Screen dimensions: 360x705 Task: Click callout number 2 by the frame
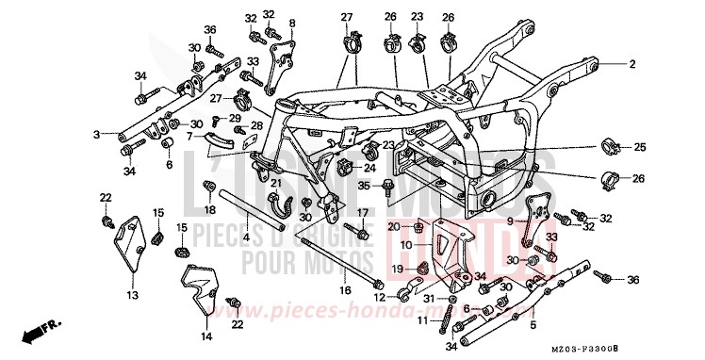[633, 63]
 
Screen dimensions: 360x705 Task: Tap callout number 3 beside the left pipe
[96, 135]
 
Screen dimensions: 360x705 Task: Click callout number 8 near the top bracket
[292, 22]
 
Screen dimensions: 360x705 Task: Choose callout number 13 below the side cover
[131, 295]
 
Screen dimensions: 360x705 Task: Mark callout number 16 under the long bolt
[346, 291]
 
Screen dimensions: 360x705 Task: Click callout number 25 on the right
[640, 146]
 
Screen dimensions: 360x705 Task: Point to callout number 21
[276, 182]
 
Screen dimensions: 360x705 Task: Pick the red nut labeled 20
[416, 227]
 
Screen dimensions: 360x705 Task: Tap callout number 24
[396, 169]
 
